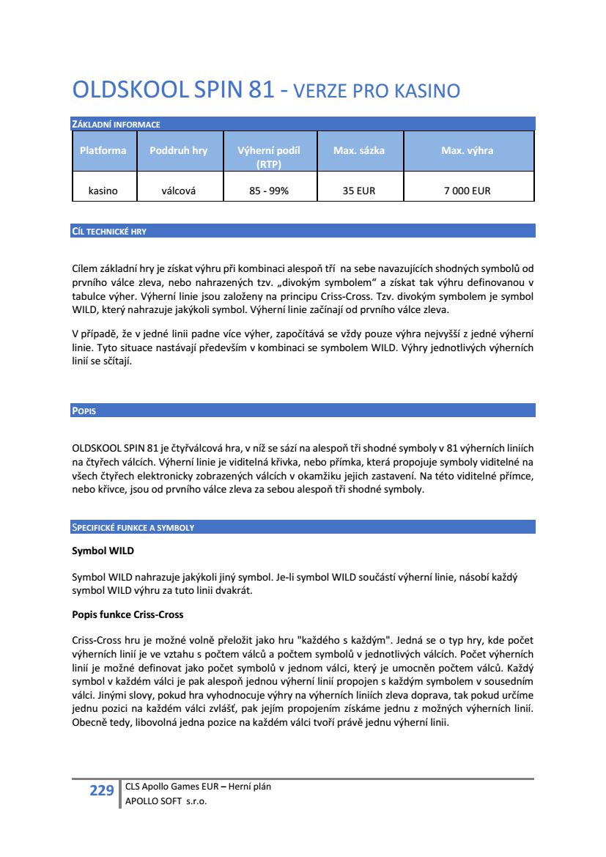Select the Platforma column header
tap(103, 150)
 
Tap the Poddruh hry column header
tap(178, 150)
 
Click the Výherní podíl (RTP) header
tap(269, 157)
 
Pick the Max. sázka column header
tap(359, 150)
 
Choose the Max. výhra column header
tap(467, 150)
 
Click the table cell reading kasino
tap(103, 191)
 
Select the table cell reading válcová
tap(178, 191)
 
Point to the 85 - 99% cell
tap(269, 191)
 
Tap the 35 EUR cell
tap(359, 191)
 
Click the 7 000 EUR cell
tap(467, 191)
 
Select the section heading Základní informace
tap(116, 125)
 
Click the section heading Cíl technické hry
tap(109, 232)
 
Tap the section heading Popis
tap(84, 411)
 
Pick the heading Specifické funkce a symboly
tap(133, 527)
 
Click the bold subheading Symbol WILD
tap(103, 550)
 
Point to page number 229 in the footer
tap(102, 790)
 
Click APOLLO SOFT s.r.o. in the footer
tap(166, 801)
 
